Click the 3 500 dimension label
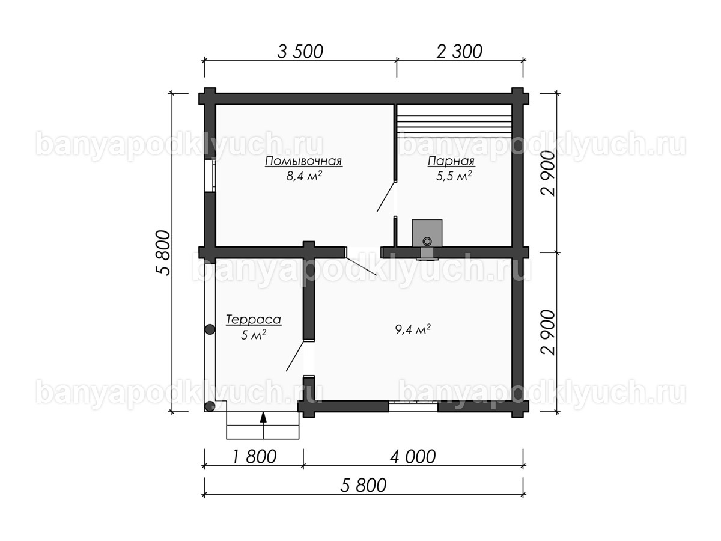(x=300, y=52)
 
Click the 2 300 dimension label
(x=459, y=52)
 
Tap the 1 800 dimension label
(x=255, y=457)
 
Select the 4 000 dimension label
(x=413, y=457)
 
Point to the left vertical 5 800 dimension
(x=163, y=252)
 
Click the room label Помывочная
(x=303, y=161)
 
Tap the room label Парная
(x=451, y=161)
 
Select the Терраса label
(x=254, y=320)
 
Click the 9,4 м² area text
(x=413, y=329)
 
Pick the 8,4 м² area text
(x=304, y=176)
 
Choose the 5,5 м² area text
(x=454, y=176)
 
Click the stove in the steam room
(x=427, y=233)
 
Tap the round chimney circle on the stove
(x=427, y=242)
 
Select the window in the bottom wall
(x=413, y=406)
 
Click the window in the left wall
(x=210, y=176)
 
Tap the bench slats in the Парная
(x=454, y=121)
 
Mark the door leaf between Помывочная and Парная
(x=385, y=197)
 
